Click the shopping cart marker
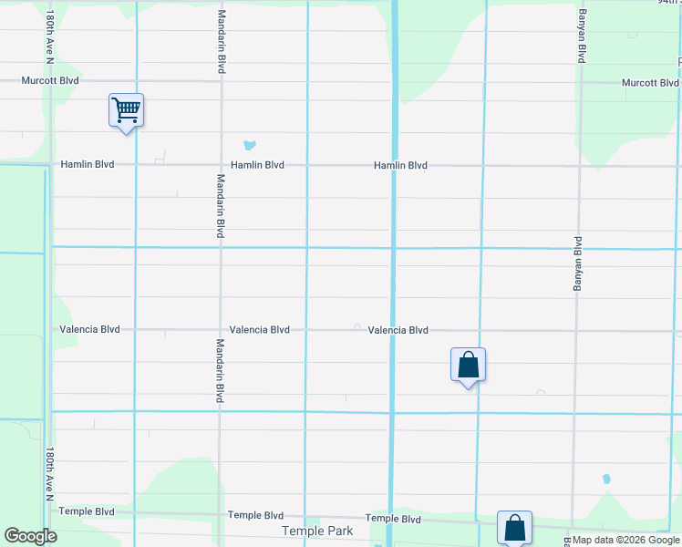pyautogui.click(x=126, y=111)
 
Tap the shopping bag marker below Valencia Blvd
pyautogui.click(x=468, y=366)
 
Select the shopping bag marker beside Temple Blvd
pyautogui.click(x=514, y=527)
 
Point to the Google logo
pyautogui.click(x=30, y=536)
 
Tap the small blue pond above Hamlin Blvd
pyautogui.click(x=249, y=145)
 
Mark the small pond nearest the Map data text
pyautogui.click(x=606, y=479)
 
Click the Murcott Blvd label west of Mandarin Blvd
pyautogui.click(x=51, y=80)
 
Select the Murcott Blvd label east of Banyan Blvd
pyautogui.click(x=650, y=83)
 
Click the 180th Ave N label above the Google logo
pyautogui.click(x=50, y=474)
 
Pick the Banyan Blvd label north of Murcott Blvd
pyautogui.click(x=580, y=36)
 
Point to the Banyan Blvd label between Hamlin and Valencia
pyautogui.click(x=577, y=264)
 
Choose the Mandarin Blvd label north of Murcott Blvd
pyautogui.click(x=222, y=42)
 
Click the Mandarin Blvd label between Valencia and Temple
pyautogui.click(x=220, y=371)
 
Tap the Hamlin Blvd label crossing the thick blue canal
pyautogui.click(x=400, y=166)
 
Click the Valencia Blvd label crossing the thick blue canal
pyautogui.click(x=398, y=331)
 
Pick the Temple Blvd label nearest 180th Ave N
pyautogui.click(x=88, y=511)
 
